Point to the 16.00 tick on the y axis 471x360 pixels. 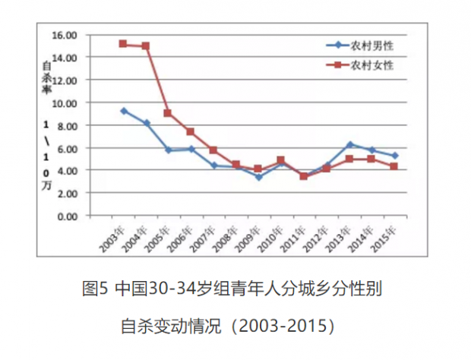pos(65,35)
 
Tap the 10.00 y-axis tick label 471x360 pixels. pos(65,103)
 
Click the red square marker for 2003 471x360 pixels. pos(123,44)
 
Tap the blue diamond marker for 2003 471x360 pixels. pos(123,111)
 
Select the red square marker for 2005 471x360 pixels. pos(168,113)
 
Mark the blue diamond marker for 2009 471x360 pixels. pos(258,177)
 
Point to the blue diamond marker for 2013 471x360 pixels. pos(349,144)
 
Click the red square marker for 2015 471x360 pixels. pos(395,166)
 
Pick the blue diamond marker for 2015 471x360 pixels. pos(395,156)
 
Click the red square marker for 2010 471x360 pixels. pos(281,160)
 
